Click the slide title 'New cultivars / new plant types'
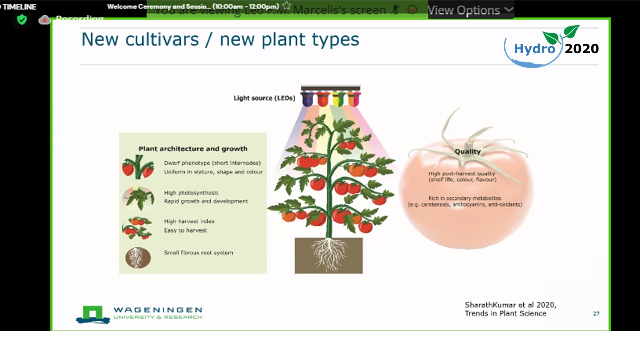(x=220, y=40)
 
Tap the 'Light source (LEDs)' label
(x=264, y=98)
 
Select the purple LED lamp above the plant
(x=307, y=99)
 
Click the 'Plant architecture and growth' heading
(x=193, y=149)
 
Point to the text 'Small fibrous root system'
(x=198, y=253)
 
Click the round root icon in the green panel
(x=138, y=258)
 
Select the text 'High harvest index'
(x=189, y=221)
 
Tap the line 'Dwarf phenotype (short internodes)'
(x=212, y=163)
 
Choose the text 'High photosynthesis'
(x=191, y=193)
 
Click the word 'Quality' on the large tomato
(x=467, y=151)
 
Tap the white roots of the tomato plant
(x=328, y=252)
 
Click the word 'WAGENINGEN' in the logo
(x=157, y=310)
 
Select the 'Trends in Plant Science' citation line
(x=505, y=313)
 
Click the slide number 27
(x=596, y=313)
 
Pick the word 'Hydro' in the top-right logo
(x=535, y=49)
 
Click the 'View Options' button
(x=470, y=10)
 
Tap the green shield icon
(x=22, y=19)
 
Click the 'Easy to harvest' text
(x=185, y=230)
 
